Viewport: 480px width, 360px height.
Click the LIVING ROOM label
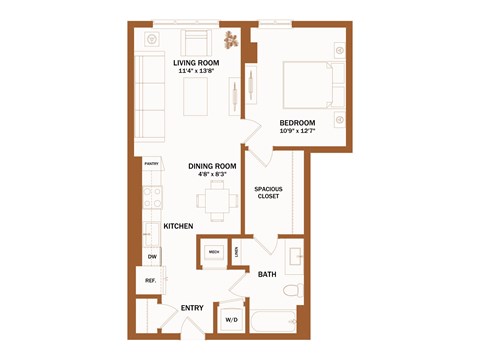coord(196,62)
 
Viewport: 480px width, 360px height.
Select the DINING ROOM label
coord(212,166)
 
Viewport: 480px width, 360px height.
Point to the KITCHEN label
coord(178,227)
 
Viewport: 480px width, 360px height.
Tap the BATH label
coord(267,274)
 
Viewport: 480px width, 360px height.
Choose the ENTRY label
coord(192,308)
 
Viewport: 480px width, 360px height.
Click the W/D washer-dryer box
coord(231,319)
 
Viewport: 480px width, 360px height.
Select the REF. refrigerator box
coord(150,281)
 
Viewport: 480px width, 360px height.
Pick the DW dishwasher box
coord(151,257)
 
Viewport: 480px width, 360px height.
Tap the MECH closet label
coord(214,251)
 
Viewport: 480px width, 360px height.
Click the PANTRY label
coord(152,163)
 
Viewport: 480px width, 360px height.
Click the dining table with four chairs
coord(217,199)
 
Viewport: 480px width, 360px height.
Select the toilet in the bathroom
coord(291,292)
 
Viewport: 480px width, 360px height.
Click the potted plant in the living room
coord(232,41)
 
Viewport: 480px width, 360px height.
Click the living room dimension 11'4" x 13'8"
coord(197,71)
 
